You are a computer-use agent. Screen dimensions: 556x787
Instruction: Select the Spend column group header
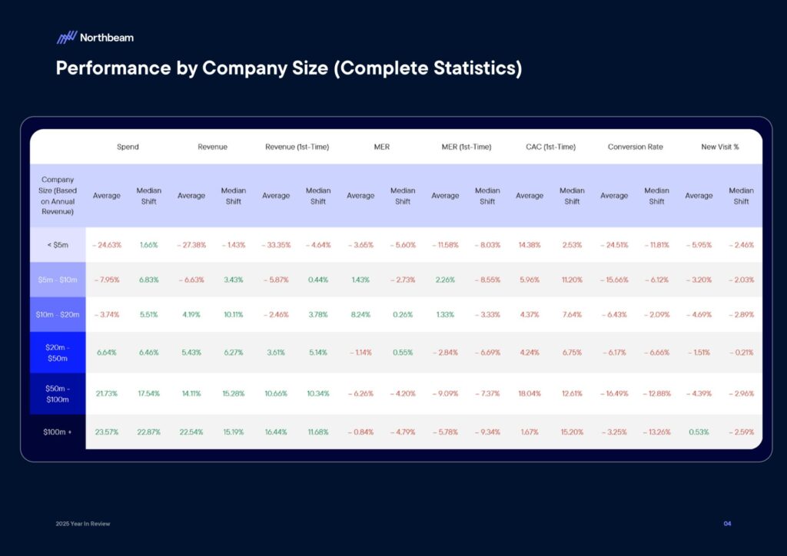tap(128, 147)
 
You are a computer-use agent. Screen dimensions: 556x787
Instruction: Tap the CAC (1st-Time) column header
tap(550, 147)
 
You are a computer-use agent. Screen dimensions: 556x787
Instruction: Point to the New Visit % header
tap(719, 147)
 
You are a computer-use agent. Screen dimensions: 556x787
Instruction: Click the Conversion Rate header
tap(635, 147)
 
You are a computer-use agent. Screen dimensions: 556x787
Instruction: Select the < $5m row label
tap(58, 245)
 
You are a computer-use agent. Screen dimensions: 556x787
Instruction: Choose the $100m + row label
tap(58, 432)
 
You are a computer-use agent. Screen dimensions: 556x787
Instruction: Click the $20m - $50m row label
tap(58, 352)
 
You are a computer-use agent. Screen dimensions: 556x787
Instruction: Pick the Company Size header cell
tap(58, 195)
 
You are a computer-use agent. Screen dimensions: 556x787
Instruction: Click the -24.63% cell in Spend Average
tap(107, 245)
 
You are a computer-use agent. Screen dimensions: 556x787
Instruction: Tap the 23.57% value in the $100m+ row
tap(107, 432)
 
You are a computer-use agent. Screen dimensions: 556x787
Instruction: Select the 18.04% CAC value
tap(530, 393)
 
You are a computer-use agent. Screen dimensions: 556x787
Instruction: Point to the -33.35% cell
tap(276, 245)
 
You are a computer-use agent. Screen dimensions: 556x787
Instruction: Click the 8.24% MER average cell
tap(360, 314)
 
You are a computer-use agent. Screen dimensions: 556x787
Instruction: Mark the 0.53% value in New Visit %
tap(699, 432)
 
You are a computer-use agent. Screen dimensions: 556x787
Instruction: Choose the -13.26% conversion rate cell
tap(656, 432)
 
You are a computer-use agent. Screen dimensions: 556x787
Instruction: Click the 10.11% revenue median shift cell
tap(234, 314)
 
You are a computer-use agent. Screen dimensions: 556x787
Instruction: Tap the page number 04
tap(727, 524)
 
